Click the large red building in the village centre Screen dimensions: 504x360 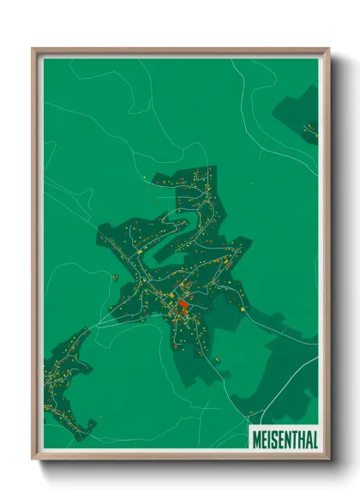click(x=182, y=305)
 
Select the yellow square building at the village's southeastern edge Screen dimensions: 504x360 click(x=243, y=308)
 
